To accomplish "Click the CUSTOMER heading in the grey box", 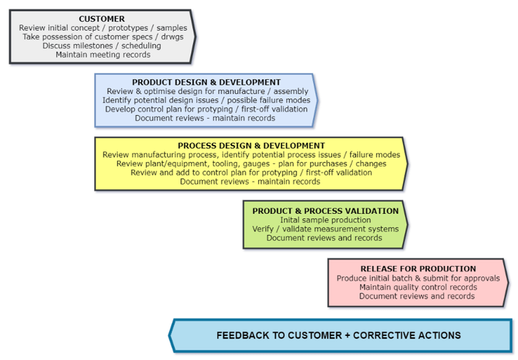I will (x=102, y=19).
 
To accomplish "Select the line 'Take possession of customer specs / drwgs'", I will (x=103, y=38).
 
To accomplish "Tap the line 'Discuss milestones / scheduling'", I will (x=103, y=46).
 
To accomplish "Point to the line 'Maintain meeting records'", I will (x=103, y=55).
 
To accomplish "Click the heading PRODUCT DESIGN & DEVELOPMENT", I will (x=206, y=82).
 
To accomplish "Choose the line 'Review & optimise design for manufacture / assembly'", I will (x=207, y=91).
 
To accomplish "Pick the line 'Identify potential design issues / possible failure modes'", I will (x=206, y=100).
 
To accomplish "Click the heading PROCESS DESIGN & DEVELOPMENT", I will (x=251, y=146).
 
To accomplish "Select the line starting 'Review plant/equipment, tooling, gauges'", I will (x=251, y=164).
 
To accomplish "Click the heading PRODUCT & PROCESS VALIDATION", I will (x=325, y=211).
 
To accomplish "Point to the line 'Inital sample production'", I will (x=324, y=220).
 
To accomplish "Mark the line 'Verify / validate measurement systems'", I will (x=324, y=229).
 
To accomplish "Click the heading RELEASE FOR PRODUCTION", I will (x=418, y=269).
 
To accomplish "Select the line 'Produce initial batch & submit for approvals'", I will (x=418, y=278).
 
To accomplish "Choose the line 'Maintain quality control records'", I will (x=418, y=287).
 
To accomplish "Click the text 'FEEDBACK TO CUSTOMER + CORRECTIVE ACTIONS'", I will (x=339, y=335).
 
